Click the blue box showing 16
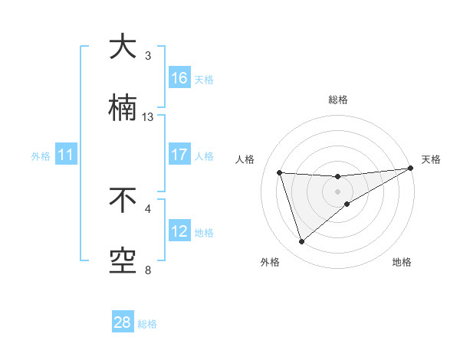[x=179, y=77]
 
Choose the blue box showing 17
[x=179, y=154]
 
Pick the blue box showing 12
[x=179, y=231]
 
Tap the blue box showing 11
[x=66, y=155]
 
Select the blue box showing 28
[x=123, y=322]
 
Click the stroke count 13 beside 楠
[x=148, y=117]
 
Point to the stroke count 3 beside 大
[x=148, y=56]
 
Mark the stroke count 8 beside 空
[x=148, y=270]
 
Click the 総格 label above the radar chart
[x=338, y=100]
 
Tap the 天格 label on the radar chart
[x=432, y=159]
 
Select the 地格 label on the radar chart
[x=402, y=262]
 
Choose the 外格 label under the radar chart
[x=270, y=262]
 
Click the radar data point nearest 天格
[x=410, y=168]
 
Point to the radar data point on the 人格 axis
[x=280, y=172]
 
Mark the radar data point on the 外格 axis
[x=301, y=242]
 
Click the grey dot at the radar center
[x=337, y=191]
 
